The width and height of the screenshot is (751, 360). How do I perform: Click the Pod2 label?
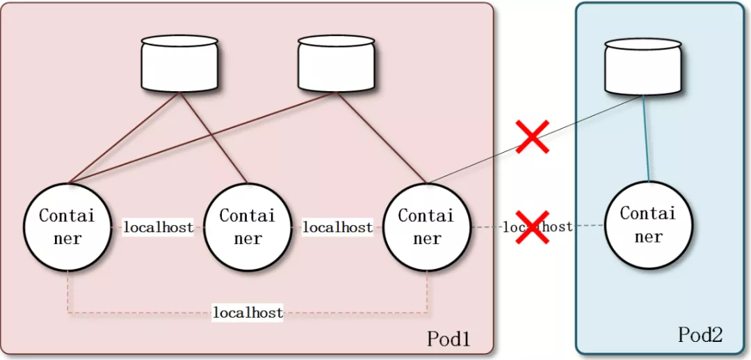tap(700, 335)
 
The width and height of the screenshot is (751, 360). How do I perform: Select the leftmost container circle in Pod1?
tap(67, 227)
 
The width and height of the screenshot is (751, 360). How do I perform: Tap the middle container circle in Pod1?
tap(247, 227)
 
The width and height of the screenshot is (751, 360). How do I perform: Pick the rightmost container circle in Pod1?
tap(426, 227)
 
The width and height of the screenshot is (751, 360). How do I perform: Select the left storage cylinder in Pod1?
tap(179, 64)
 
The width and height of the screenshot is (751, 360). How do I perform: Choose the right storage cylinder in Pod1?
tap(337, 64)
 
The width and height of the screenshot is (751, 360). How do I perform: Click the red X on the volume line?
tap(533, 136)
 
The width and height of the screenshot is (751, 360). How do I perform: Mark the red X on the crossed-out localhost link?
tap(532, 227)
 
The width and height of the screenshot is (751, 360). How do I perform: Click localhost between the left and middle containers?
tap(158, 227)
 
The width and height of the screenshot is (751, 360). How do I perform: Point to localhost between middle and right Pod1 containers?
tap(337, 227)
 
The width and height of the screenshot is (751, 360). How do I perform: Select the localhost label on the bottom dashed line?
tap(248, 313)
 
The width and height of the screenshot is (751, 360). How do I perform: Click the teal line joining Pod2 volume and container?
tap(646, 139)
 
